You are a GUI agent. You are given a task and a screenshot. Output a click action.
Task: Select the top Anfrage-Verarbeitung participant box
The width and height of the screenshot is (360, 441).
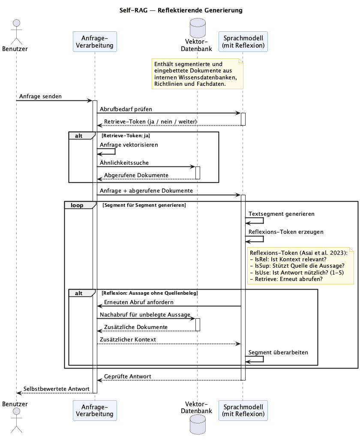click(x=95, y=42)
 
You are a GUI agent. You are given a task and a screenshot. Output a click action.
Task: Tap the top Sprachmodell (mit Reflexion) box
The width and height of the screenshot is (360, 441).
click(x=243, y=42)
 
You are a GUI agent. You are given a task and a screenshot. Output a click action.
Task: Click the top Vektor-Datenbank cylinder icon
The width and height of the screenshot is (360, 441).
click(x=198, y=28)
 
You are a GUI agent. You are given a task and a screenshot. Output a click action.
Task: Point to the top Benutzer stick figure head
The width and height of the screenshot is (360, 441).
click(x=17, y=23)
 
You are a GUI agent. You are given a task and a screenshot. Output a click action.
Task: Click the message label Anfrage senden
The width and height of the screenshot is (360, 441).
click(x=40, y=96)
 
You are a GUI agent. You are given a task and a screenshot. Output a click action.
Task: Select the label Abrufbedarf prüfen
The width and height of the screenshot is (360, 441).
click(x=126, y=109)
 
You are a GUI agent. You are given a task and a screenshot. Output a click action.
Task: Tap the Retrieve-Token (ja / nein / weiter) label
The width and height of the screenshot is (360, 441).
click(x=150, y=121)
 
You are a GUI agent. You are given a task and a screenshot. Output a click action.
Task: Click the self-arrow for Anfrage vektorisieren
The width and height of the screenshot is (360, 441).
click(x=115, y=151)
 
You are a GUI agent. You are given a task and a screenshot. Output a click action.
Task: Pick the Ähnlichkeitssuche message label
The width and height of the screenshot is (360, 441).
click(x=124, y=163)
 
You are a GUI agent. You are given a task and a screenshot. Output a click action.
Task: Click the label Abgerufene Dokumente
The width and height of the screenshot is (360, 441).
click(x=136, y=175)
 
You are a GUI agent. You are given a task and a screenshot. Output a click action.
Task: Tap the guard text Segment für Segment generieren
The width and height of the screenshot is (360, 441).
click(x=144, y=205)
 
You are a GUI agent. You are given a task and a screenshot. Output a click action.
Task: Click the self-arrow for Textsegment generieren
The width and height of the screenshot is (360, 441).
click(x=263, y=220)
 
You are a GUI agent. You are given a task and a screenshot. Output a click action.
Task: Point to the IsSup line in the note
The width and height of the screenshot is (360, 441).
click(x=297, y=266)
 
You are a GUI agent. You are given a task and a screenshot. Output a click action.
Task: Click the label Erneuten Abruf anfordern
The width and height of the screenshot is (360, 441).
click(x=139, y=302)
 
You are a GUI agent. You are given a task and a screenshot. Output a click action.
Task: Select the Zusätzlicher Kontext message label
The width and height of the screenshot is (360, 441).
click(x=128, y=339)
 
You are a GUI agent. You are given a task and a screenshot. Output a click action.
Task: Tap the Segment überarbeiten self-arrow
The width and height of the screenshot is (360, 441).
click(x=263, y=359)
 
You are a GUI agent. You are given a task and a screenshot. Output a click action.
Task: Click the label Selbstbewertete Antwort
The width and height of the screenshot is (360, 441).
click(x=57, y=389)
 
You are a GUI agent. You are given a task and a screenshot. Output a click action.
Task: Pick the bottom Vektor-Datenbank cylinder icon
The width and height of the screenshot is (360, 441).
click(x=198, y=424)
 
